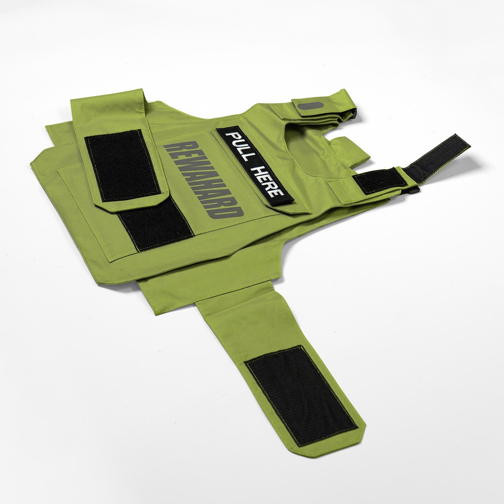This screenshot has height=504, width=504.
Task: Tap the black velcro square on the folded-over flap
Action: point(123,165)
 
